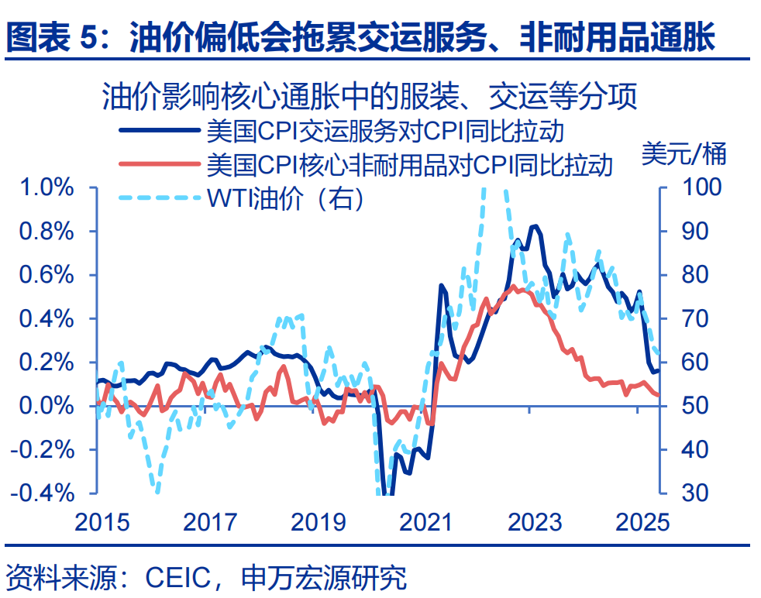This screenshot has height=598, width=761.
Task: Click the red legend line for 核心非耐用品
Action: [x=158, y=163]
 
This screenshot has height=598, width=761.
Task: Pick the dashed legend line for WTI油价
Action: [x=158, y=197]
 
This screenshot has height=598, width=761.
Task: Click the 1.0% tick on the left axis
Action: [x=46, y=188]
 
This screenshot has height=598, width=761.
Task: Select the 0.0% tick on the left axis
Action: [x=46, y=406]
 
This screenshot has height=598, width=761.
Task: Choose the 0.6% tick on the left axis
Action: [x=46, y=275]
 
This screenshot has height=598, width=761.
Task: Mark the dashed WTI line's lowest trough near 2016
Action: [x=157, y=491]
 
